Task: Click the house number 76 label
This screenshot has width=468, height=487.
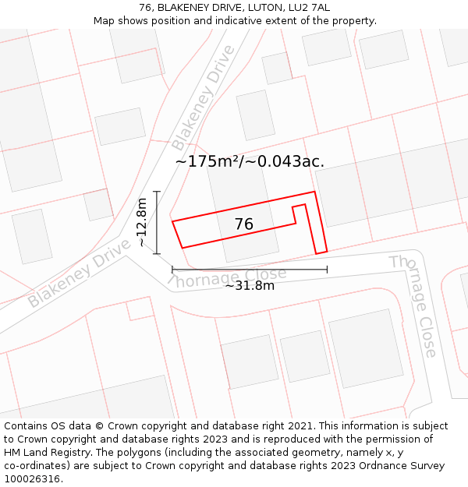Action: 243,224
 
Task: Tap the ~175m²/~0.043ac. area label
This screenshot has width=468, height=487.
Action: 250,161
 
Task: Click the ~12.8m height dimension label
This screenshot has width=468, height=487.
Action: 141,223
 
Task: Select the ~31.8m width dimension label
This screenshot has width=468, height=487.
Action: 250,285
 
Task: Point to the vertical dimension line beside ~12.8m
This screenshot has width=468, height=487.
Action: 157,222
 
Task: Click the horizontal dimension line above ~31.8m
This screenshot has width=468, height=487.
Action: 250,270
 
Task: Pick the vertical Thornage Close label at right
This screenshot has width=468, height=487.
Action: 413,305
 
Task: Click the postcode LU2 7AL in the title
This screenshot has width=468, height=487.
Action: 310,8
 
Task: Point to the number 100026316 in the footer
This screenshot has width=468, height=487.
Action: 32,479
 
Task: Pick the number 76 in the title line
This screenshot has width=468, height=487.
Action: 145,8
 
